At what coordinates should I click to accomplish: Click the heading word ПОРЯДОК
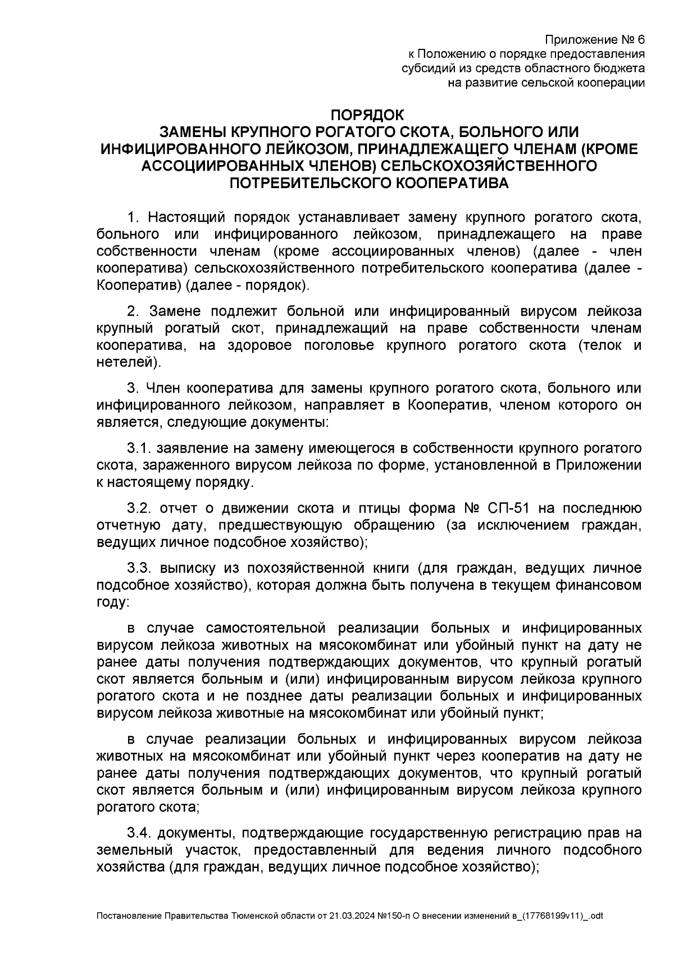367,115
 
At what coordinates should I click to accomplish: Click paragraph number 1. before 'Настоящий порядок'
133,217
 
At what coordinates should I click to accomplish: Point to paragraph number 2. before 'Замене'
133,311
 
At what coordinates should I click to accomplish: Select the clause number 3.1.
139,448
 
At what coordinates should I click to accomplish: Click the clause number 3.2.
139,509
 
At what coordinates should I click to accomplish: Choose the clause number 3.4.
139,833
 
